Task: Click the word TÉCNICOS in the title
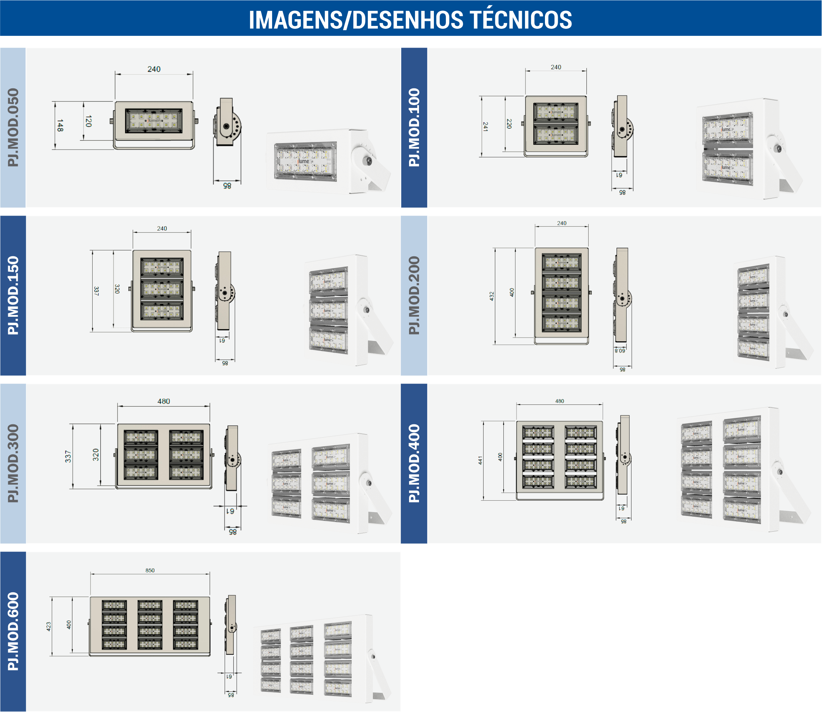(521, 20)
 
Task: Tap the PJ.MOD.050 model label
(13, 127)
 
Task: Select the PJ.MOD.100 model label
(414, 127)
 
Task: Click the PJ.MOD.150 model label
(13, 295)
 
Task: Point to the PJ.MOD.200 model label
(414, 295)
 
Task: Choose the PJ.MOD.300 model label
(13, 463)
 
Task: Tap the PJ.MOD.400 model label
(414, 463)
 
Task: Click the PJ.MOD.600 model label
(13, 631)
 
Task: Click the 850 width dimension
(150, 571)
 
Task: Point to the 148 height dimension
(60, 126)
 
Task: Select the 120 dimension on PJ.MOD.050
(88, 121)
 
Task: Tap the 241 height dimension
(485, 126)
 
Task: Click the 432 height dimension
(491, 296)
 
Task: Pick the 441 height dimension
(480, 461)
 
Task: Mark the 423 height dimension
(48, 626)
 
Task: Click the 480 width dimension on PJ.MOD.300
(164, 401)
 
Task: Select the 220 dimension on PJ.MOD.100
(509, 124)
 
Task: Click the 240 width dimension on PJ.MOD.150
(162, 228)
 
